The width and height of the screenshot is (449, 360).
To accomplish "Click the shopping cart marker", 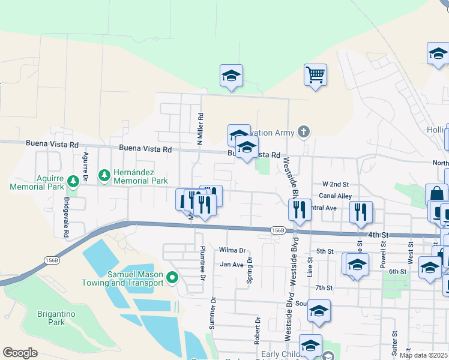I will pos(315,75).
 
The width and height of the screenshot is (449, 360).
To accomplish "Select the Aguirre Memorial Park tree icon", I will pos(73,180).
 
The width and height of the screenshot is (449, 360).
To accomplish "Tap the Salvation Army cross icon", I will pos(304,131).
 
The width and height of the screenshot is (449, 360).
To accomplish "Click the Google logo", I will pos(20,353).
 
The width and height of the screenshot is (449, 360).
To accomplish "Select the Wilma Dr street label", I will pos(233,250).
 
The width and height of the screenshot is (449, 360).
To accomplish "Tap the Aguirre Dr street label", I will pos(86,166).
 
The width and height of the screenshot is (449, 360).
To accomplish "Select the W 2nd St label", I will pos(335,184).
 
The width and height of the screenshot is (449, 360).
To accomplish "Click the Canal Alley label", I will pos(336,196).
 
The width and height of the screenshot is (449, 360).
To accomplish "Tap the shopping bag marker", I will pos(436,194).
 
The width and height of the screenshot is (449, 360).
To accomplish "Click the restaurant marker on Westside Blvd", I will pos(299,210).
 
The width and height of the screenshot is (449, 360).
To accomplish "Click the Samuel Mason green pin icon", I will pos(172,277).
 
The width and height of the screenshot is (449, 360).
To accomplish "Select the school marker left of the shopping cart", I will pos(231,76).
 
